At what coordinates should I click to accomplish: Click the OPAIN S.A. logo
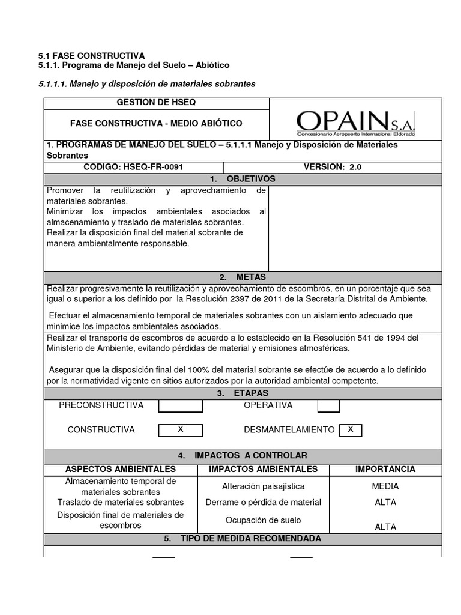(355, 123)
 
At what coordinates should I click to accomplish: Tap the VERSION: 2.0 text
(333, 168)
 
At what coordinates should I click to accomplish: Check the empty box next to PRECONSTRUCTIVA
(180, 406)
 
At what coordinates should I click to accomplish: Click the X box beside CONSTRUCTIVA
(180, 430)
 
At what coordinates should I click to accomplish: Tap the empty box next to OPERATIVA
(328, 406)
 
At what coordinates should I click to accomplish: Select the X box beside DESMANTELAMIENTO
(351, 430)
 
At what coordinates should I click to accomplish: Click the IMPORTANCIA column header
(385, 469)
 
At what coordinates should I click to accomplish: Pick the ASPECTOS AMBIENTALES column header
(121, 469)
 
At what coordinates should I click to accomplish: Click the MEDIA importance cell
(385, 486)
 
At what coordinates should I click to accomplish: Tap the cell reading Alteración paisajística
(263, 486)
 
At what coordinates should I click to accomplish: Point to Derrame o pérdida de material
(263, 502)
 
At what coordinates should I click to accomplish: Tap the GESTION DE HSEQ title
(156, 103)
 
